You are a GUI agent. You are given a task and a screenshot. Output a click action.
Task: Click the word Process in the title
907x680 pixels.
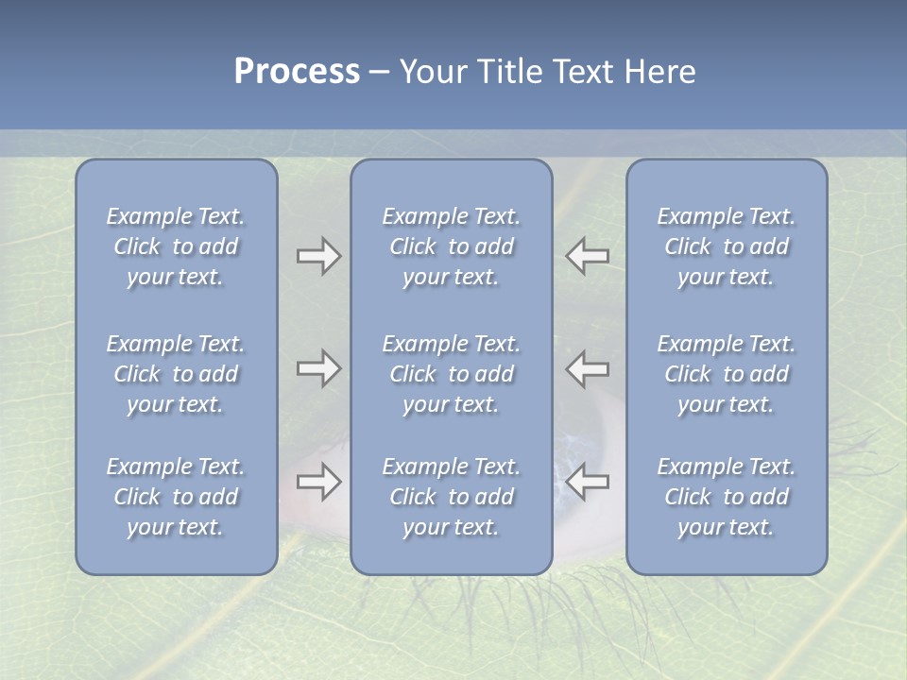coord(297,72)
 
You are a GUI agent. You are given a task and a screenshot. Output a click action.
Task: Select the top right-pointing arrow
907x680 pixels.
coord(318,256)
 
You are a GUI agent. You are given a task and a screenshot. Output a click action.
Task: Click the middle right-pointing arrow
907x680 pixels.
coord(318,367)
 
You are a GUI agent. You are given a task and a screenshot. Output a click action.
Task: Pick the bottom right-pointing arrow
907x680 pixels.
coord(318,482)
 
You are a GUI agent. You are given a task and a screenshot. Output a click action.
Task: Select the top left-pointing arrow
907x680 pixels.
coord(588,256)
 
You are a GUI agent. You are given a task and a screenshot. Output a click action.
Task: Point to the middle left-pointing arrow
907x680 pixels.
coord(588,367)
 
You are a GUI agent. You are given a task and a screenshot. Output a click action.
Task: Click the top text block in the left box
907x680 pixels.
coord(176,246)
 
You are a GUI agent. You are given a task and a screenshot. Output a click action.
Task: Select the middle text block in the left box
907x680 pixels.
coord(176,374)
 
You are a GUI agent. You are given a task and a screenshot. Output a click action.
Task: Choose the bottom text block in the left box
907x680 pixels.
coord(176,497)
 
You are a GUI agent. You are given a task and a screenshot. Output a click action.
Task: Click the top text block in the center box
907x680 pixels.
coord(451,246)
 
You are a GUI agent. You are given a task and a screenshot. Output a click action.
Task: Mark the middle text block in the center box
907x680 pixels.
coord(451,374)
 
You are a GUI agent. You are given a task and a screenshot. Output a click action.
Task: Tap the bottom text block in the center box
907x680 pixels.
coord(451,497)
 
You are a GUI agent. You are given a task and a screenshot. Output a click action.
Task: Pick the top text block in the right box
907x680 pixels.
coord(726,246)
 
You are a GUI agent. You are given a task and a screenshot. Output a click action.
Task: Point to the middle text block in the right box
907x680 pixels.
coord(726,374)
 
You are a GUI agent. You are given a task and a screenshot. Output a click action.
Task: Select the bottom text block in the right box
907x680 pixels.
coord(726,497)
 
